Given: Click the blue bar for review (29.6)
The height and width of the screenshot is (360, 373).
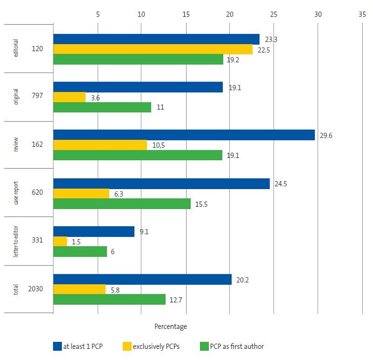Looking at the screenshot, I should [x=184, y=135].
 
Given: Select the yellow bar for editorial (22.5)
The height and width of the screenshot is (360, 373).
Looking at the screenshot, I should [x=153, y=49].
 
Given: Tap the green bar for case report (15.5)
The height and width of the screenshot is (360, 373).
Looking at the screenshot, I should [x=122, y=204].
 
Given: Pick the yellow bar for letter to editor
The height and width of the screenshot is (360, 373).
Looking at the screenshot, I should [x=60, y=241].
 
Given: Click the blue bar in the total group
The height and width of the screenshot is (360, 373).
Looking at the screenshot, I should [x=142, y=279].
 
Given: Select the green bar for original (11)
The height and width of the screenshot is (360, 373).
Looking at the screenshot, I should [x=102, y=107].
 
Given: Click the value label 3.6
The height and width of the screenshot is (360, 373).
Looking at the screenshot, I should [x=96, y=98].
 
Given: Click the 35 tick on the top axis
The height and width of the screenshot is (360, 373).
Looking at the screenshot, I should [x=362, y=14].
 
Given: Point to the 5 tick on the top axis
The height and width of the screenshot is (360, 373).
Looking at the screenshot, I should [x=97, y=14].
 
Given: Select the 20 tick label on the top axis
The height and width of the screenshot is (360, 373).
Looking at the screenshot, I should [x=229, y=14].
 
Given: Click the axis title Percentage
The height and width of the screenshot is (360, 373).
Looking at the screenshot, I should [x=170, y=326].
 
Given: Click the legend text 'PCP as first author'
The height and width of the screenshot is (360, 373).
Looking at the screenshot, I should [x=238, y=346].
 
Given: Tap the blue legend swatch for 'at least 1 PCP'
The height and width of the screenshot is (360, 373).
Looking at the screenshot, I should [x=57, y=346].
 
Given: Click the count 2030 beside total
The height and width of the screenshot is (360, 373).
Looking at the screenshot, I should [x=35, y=289].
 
